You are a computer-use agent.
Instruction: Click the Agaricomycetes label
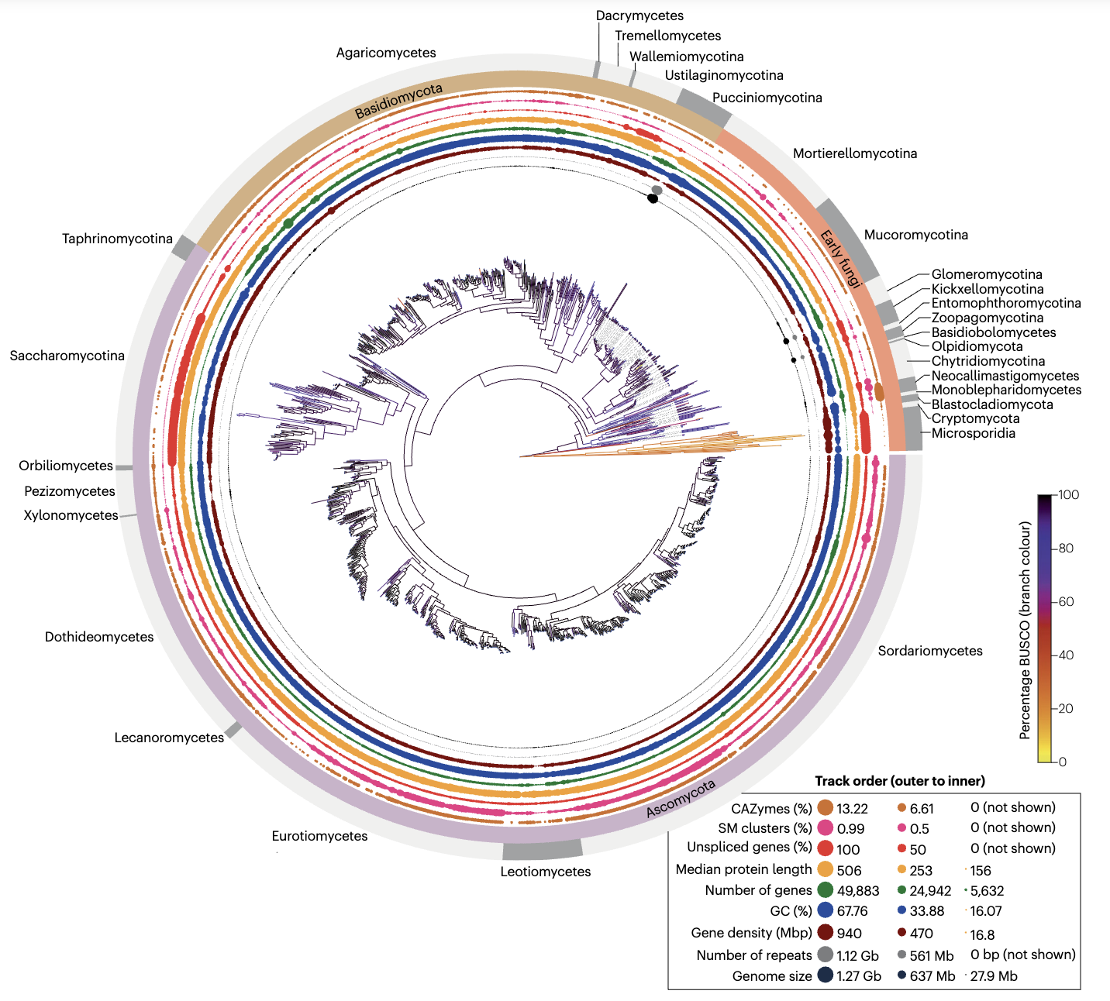386,53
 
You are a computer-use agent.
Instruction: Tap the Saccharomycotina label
67,356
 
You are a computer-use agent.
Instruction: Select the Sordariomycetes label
930,651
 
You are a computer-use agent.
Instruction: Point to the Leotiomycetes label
545,872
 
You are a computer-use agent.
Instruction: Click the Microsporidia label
973,433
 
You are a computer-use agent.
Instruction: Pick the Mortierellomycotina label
855,153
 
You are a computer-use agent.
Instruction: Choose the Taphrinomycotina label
117,239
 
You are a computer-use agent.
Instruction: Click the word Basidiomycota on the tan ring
398,101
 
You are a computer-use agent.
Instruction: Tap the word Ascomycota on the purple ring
681,799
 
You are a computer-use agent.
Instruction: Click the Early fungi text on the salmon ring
842,259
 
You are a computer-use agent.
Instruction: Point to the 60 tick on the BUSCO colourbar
1066,601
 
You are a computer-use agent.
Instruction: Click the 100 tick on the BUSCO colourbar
1068,494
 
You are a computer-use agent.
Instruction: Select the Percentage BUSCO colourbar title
1026,630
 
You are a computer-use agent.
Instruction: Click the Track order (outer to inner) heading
900,780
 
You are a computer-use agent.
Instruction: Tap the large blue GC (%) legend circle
825,911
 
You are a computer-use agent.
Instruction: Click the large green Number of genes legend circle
825,890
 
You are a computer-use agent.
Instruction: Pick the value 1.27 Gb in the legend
859,976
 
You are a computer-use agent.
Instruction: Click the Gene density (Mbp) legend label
751,933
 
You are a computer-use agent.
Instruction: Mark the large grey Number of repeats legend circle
825,955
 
